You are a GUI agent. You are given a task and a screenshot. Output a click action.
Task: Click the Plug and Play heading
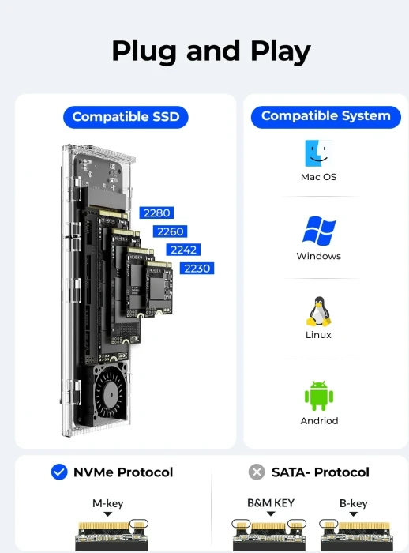click(211, 51)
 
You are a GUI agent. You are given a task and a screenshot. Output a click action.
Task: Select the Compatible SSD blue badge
click(126, 117)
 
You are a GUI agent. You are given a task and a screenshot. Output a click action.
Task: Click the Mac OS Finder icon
click(318, 153)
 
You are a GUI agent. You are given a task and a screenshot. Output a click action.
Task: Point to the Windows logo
click(318, 231)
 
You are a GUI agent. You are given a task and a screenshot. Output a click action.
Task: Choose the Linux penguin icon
click(318, 311)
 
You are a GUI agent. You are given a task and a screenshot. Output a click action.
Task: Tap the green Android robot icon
click(318, 396)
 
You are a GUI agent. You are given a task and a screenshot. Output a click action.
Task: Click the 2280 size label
click(156, 213)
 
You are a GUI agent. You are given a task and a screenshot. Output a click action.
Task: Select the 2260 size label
click(170, 231)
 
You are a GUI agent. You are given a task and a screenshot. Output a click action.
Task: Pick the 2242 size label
click(182, 250)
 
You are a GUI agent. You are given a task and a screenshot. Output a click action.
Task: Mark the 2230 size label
click(197, 269)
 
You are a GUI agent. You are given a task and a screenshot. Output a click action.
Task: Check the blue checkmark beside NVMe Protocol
click(59, 472)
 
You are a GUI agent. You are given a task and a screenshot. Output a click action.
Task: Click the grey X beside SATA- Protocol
click(257, 472)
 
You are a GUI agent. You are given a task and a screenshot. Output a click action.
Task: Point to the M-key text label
click(108, 503)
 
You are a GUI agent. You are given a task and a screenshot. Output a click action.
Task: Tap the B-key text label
click(353, 503)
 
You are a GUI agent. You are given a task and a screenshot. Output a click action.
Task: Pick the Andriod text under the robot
click(318, 421)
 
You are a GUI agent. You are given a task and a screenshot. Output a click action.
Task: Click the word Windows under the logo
click(318, 256)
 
